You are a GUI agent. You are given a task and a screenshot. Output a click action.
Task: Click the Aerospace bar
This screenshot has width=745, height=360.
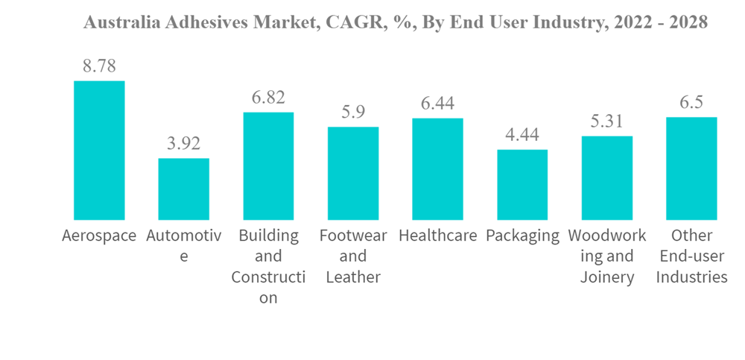point(99,150)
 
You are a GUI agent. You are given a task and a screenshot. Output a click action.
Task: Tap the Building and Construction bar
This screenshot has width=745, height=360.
point(268,165)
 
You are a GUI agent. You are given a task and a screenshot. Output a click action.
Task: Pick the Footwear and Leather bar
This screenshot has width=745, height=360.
point(353,173)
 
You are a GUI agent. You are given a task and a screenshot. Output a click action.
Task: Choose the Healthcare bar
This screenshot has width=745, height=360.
point(437,168)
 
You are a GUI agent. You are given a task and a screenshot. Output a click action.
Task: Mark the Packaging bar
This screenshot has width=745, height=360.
point(522,184)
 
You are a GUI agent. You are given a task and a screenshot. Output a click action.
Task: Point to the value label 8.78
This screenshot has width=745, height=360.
point(99,66)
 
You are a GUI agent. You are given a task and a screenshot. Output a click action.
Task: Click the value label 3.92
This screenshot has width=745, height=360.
point(184,143)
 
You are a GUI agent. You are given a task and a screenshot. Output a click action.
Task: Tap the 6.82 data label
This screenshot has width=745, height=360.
point(268,97)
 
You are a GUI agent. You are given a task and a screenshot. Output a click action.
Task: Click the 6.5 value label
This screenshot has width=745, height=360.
point(691,102)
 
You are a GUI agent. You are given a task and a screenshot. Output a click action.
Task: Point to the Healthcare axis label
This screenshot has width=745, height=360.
point(437,236)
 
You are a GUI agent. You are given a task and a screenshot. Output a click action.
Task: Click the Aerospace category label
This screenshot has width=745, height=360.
point(99,236)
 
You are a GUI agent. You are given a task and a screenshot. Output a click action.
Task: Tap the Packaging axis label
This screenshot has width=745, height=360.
point(522,236)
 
